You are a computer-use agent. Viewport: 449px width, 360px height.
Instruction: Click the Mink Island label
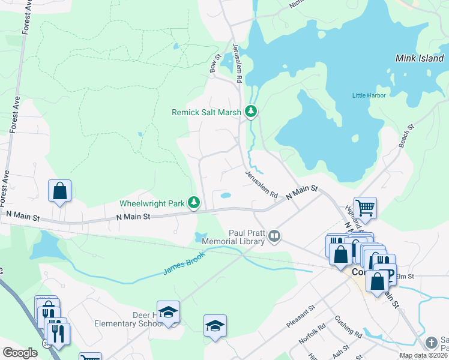[x=420, y=59]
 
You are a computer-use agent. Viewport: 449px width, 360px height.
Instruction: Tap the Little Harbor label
[x=369, y=95]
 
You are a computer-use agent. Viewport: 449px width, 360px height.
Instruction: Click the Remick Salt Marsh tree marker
[x=250, y=111]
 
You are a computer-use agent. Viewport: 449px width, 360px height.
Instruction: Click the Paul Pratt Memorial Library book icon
[x=274, y=236]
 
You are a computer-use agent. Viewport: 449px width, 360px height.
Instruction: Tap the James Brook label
[x=183, y=263]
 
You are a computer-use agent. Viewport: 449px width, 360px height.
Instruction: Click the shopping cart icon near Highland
[x=365, y=208]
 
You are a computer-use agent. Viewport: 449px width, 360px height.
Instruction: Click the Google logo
[x=20, y=353]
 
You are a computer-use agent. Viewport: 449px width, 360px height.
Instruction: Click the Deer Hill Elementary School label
[x=129, y=319]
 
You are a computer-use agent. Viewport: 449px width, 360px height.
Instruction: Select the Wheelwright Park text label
[x=152, y=204]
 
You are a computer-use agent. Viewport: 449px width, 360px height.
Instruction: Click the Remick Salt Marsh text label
[x=206, y=112]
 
